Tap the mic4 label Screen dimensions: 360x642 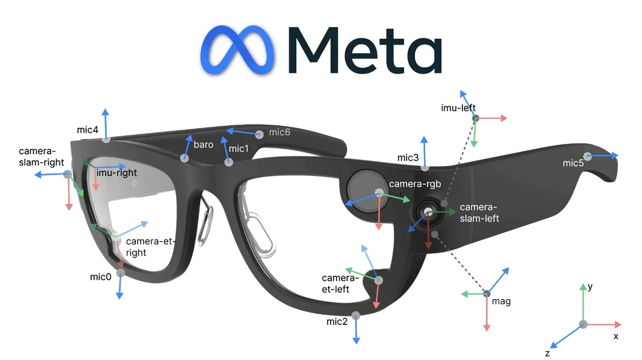(88, 130)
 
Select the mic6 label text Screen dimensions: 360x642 (279, 132)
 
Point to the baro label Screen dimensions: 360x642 (203, 145)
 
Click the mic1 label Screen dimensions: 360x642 (239, 148)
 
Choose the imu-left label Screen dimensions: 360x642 (458, 108)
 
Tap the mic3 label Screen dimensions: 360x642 (408, 158)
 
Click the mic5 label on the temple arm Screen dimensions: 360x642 (573, 163)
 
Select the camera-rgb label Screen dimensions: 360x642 (415, 184)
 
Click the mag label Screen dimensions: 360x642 (501, 301)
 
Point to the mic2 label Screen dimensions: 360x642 (337, 322)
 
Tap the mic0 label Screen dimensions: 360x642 (100, 277)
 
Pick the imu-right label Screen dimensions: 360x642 (116, 173)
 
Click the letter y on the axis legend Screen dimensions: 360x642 (590, 287)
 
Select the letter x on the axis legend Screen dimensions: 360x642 (616, 336)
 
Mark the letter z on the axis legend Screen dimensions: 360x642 (547, 353)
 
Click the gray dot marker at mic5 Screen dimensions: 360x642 (588, 156)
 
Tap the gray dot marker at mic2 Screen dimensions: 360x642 (356, 315)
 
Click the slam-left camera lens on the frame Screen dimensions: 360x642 (428, 213)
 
